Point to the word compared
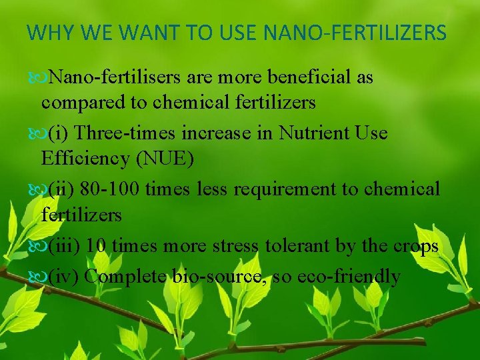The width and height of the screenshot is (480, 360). click(83, 103)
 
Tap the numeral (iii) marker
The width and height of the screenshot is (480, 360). click(64, 246)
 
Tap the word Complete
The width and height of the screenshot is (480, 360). click(125, 275)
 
